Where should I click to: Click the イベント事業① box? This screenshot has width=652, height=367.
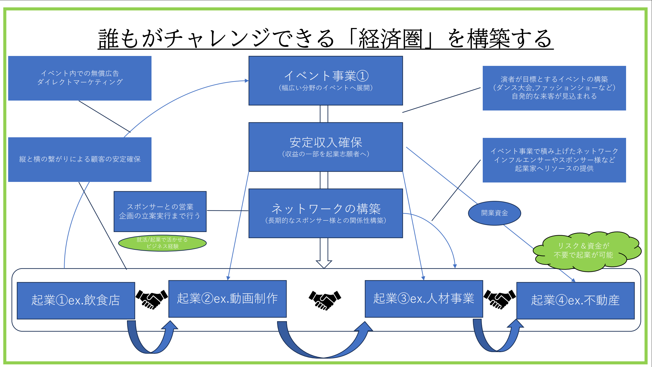tap(325, 80)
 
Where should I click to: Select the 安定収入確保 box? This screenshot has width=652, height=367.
tap(325, 147)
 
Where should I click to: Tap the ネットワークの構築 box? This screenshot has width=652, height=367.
tap(325, 213)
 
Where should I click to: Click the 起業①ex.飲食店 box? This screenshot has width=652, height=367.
tap(76, 300)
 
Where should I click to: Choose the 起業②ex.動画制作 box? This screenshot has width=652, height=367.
tap(227, 298)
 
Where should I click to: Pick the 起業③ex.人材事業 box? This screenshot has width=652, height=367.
tap(424, 298)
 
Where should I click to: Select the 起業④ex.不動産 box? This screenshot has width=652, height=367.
tap(575, 300)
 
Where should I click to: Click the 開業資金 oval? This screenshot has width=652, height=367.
tap(494, 213)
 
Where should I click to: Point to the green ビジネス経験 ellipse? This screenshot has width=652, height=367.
tap(162, 243)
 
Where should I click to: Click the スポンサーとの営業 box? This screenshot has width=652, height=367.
tap(160, 211)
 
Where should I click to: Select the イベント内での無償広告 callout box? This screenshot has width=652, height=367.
tap(80, 78)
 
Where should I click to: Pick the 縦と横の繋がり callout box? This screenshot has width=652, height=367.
tap(80, 159)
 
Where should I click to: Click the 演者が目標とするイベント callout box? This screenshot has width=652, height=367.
tap(554, 88)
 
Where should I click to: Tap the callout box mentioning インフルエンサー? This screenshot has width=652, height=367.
tap(554, 160)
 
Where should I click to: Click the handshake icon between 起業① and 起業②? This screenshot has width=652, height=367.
tap(151, 299)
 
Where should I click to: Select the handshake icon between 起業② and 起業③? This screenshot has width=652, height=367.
tap(325, 300)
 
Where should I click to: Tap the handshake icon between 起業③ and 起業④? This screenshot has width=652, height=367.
tap(499, 299)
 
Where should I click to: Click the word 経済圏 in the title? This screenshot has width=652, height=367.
tap(390, 39)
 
